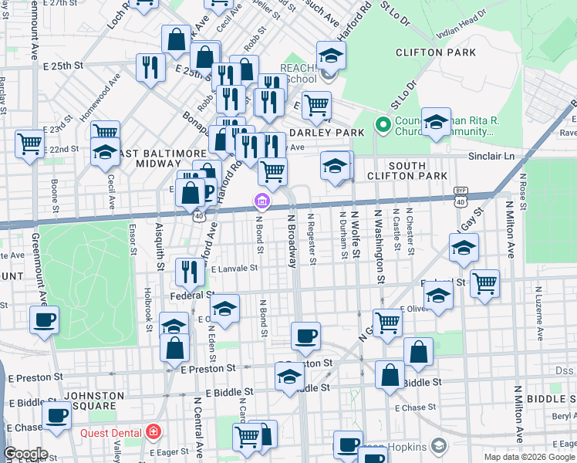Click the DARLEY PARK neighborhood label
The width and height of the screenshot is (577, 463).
(332, 133)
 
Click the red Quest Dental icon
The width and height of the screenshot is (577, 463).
(154, 431)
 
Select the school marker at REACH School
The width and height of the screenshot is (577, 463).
(331, 58)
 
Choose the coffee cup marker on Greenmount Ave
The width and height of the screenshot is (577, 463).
(44, 320)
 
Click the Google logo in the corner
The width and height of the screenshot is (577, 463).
(25, 454)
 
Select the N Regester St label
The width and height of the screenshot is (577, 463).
(312, 239)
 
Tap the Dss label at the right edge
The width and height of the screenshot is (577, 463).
(565, 370)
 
